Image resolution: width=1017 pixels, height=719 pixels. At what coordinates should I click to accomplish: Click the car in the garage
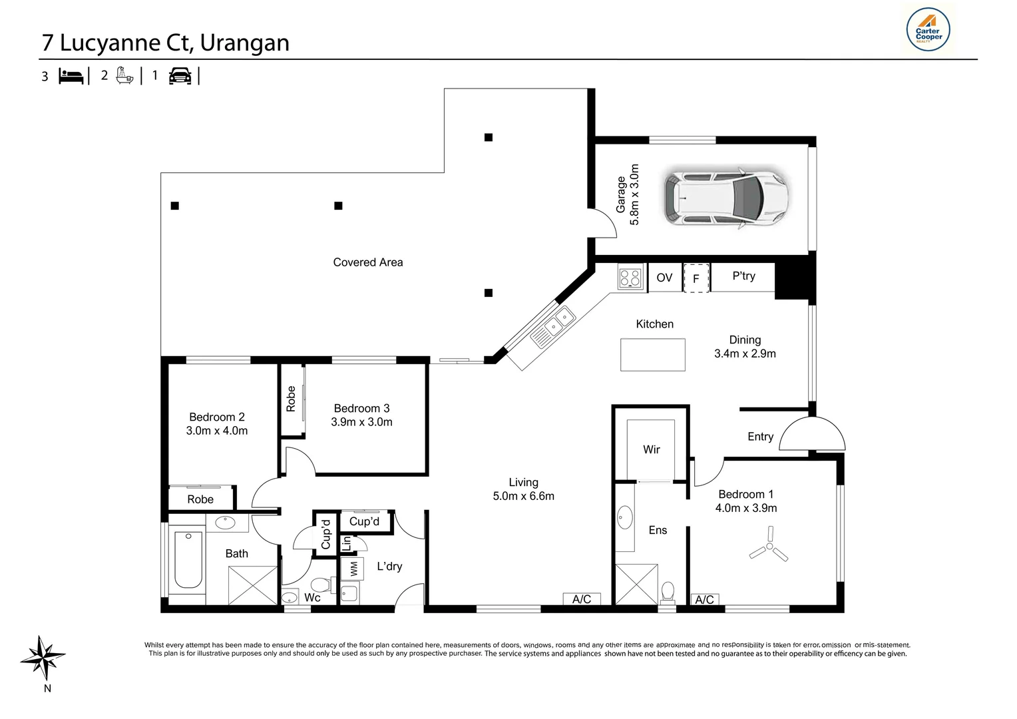pos(726,198)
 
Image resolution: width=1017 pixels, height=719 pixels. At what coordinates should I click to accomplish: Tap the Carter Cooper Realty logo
pos(928,29)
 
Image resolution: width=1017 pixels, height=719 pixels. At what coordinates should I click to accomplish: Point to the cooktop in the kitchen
pos(630,277)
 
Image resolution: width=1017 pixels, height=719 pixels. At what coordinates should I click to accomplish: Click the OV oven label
pos(664,278)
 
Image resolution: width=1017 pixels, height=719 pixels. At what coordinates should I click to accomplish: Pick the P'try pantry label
pos(743,276)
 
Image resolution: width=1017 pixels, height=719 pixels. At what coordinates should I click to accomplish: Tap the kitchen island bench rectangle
pos(653,355)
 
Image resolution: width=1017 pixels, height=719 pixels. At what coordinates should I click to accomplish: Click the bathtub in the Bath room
pos(188,560)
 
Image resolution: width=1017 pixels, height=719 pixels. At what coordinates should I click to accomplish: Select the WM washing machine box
pos(353,568)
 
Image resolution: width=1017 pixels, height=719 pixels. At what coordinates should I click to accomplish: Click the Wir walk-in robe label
pos(651,449)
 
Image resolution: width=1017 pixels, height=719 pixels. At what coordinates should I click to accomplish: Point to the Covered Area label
pos(368,262)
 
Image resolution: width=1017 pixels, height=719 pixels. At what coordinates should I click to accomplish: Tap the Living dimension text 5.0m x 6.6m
pos(524,496)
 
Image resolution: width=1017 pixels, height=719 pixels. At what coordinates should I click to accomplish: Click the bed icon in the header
pos(71,76)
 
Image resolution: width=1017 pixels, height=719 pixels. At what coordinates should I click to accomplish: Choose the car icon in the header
pos(180,76)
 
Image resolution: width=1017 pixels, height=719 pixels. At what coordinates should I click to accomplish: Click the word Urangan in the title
pos(244,43)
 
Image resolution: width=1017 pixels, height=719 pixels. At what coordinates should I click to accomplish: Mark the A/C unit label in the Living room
pos(582,599)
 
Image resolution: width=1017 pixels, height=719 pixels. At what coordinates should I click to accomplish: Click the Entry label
pos(761,437)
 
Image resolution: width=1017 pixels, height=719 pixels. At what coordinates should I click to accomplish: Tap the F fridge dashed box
pos(696,278)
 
